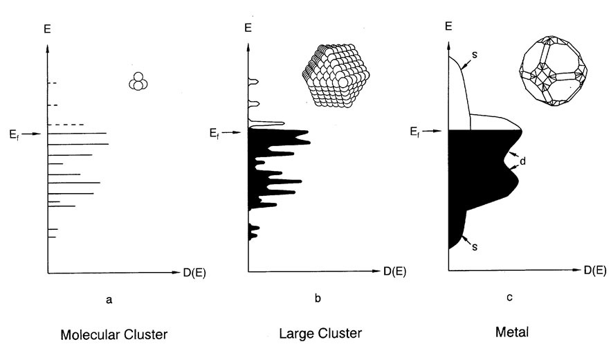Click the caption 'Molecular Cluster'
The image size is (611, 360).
114,335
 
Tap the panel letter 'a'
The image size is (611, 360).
109,299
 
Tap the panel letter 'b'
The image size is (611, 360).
318,298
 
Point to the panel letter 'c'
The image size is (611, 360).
509,298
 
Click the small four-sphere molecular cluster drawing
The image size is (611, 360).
139,82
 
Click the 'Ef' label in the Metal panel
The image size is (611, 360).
414,129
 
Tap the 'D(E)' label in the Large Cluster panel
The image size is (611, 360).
396,271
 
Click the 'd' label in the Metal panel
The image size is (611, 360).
525,161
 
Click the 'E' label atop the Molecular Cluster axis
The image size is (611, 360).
47,29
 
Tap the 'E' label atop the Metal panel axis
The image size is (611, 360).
448,26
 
